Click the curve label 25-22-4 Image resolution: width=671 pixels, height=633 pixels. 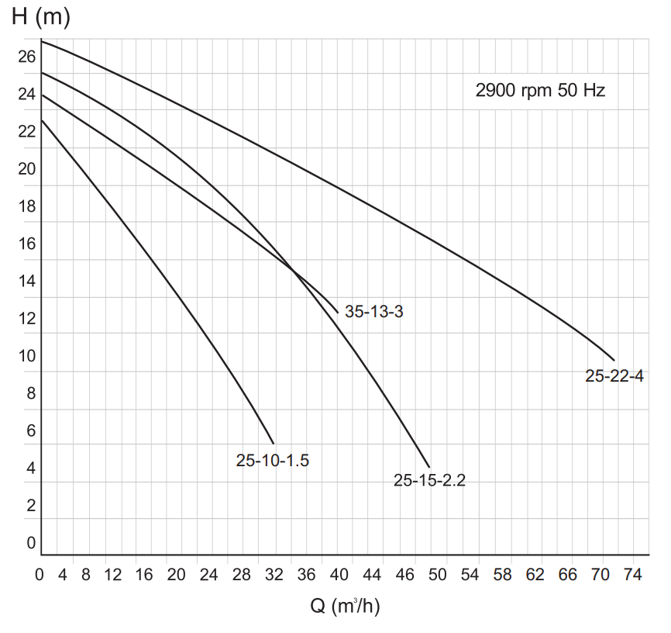click(x=614, y=376)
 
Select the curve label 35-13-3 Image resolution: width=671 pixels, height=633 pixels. click(x=374, y=313)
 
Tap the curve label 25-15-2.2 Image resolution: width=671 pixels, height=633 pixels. click(x=429, y=480)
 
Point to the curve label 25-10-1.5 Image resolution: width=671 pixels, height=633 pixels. click(x=273, y=460)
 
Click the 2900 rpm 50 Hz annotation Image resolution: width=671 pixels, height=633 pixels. click(x=540, y=90)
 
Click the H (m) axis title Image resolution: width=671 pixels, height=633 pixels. click(x=41, y=18)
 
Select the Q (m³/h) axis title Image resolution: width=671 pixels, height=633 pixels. click(x=345, y=606)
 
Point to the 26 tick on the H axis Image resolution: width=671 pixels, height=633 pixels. click(x=27, y=57)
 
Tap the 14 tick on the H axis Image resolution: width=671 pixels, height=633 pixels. click(x=27, y=281)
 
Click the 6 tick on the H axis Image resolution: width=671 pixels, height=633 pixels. click(x=31, y=431)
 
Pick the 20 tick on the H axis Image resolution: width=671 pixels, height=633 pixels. click(x=27, y=168)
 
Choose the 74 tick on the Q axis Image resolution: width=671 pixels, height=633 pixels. click(x=631, y=575)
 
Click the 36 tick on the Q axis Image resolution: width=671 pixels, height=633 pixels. click(x=306, y=575)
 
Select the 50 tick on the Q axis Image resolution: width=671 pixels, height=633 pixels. click(x=438, y=575)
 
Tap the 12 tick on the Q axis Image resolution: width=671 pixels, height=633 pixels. click(x=113, y=575)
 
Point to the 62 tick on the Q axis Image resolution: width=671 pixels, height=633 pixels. click(x=535, y=575)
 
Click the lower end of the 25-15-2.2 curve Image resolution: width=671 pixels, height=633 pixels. click(x=429, y=467)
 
